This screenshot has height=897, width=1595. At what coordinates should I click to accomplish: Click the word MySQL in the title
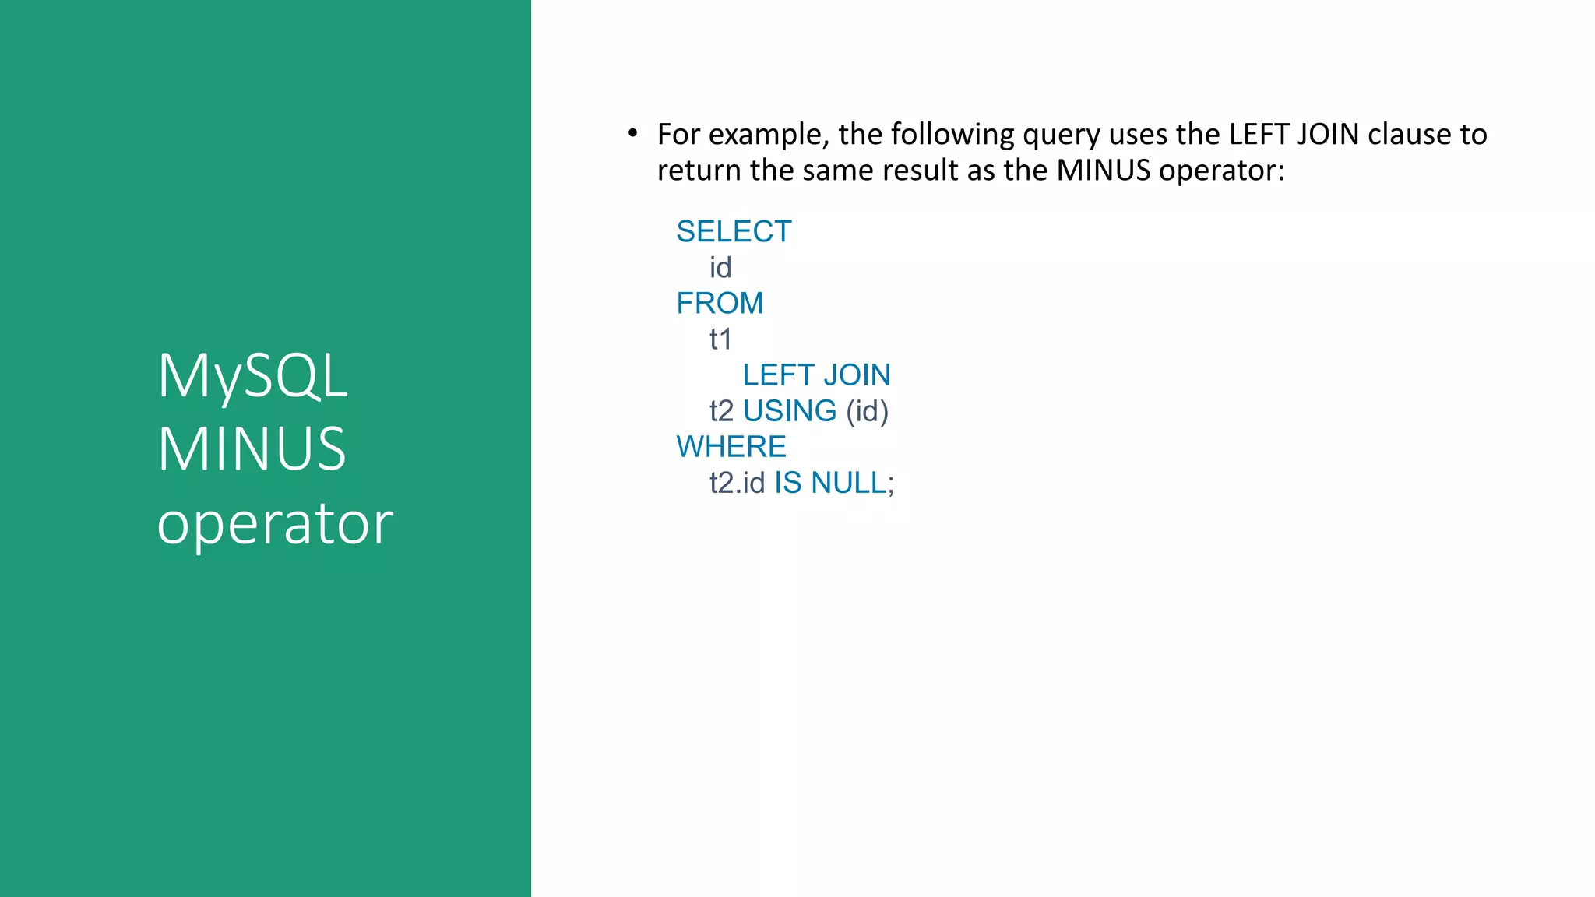coord(252,377)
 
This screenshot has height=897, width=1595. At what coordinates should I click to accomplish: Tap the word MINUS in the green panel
coord(252,449)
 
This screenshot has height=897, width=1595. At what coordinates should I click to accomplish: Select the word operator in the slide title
coord(275,523)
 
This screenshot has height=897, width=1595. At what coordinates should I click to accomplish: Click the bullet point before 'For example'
coord(633,134)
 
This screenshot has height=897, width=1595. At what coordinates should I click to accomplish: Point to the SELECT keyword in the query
coord(734,231)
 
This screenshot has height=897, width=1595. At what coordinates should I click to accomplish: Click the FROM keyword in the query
coord(720,303)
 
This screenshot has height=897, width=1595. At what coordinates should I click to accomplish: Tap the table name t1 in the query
coord(720,339)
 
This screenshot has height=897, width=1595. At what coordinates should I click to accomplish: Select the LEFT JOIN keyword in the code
coord(816,375)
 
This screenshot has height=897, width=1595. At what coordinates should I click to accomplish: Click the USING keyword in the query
coord(790,411)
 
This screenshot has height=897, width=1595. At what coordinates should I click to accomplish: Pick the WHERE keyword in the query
coord(731,447)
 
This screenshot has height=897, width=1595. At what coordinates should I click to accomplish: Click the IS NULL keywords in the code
coord(830,483)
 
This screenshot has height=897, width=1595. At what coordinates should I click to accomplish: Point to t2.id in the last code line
coord(737,483)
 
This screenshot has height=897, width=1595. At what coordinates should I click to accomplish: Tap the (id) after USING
coord(867,411)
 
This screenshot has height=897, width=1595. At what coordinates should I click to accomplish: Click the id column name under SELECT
coord(720,268)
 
